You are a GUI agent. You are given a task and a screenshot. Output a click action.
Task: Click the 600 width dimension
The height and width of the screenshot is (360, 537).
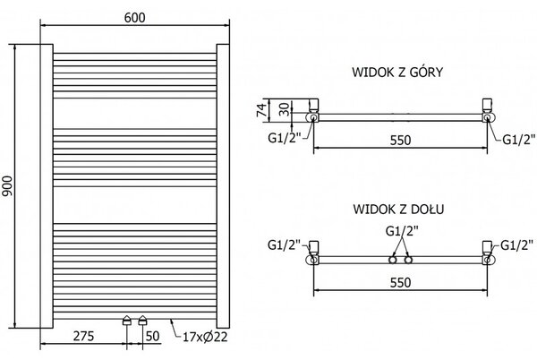[134, 18]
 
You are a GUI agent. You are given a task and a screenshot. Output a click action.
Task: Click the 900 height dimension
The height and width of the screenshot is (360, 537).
[7, 186]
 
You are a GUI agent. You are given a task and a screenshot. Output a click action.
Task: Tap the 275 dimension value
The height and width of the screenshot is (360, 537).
[83, 336]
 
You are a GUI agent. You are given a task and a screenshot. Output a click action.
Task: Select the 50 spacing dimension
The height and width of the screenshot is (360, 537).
[153, 336]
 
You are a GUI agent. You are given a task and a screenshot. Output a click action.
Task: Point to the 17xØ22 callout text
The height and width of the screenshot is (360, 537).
[205, 337]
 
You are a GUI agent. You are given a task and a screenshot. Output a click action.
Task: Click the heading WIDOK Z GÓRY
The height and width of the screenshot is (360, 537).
[397, 73]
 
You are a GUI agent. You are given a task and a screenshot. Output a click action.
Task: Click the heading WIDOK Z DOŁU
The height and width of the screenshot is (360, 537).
[398, 209]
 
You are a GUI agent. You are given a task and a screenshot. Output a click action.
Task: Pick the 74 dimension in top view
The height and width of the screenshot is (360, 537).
[261, 109]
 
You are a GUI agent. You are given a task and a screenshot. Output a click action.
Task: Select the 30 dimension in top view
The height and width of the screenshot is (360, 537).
[284, 109]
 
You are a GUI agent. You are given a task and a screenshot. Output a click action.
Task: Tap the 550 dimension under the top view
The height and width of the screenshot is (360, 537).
[400, 140]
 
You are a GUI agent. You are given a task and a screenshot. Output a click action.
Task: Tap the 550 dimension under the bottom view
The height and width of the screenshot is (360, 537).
[400, 283]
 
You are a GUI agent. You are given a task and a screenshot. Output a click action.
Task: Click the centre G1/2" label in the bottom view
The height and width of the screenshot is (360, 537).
[402, 231]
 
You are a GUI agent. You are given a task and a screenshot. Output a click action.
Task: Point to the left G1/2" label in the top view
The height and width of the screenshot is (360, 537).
[285, 138]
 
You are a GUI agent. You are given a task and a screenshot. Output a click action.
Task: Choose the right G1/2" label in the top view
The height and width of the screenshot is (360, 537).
[518, 139]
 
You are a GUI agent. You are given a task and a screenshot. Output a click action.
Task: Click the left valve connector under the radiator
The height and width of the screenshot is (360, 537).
[127, 321]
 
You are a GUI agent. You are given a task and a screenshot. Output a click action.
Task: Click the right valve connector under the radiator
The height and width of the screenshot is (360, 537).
[142, 321]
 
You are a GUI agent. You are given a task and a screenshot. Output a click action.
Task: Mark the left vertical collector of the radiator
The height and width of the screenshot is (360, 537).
[47, 186]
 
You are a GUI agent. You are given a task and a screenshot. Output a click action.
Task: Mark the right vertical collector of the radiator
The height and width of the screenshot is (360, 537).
[223, 186]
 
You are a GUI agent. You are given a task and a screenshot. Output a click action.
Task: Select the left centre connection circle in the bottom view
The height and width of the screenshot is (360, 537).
[393, 260]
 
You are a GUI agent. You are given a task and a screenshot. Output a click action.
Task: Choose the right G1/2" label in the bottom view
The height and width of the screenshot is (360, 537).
[516, 245]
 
